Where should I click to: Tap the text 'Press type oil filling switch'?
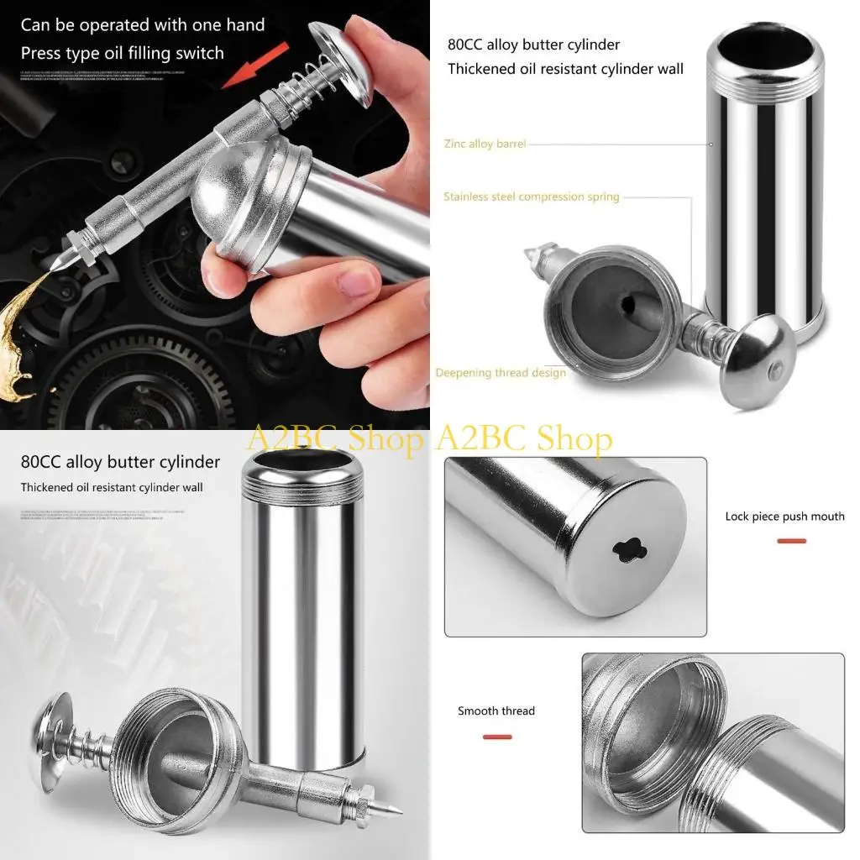tap(123, 53)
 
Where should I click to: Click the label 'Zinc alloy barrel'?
tap(485, 144)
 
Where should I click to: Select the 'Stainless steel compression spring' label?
tap(532, 197)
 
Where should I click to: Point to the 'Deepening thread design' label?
tap(501, 373)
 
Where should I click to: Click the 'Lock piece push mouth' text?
tap(784, 517)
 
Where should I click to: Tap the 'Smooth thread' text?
tap(496, 711)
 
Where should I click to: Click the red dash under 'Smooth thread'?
tap(497, 737)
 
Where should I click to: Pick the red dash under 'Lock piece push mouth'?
tap(791, 541)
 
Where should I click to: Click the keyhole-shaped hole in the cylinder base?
tap(630, 550)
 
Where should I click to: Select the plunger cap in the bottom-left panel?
tap(53, 729)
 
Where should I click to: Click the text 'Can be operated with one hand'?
tap(143, 25)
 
